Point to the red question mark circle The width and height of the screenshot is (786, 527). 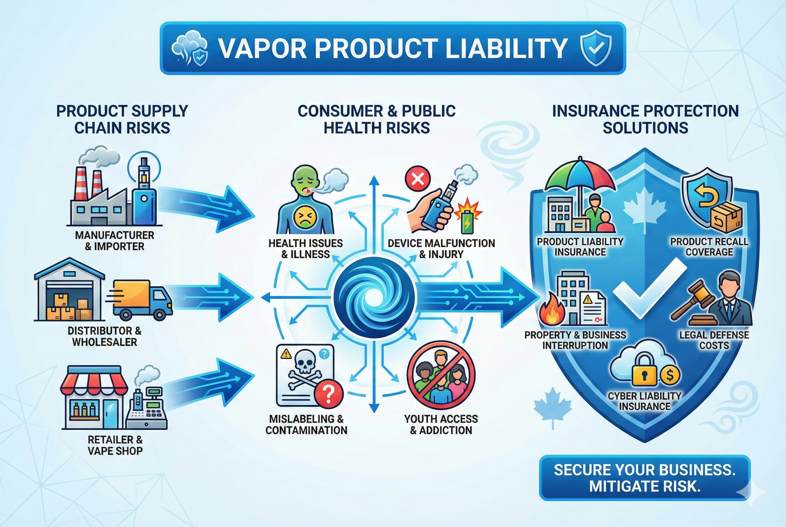pos(329,392)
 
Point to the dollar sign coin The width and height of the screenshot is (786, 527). pos(669,375)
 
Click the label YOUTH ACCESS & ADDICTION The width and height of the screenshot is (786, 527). pos(441,424)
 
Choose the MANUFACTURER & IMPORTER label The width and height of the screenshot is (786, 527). pos(114,241)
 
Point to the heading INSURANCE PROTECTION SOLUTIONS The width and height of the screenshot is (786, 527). pos(645,119)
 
